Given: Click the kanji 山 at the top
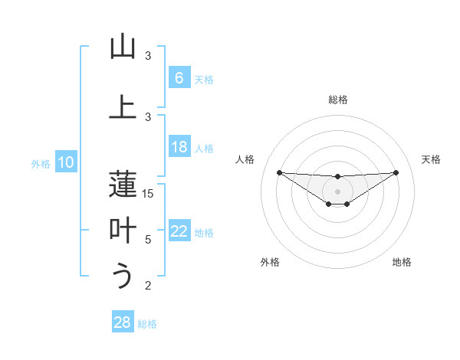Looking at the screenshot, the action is [x=123, y=47].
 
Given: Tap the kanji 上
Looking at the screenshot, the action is [x=123, y=107].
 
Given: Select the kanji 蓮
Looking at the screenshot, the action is [x=123, y=184].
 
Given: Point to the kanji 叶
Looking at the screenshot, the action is [x=123, y=230].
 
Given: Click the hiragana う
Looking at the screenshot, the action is [x=123, y=276].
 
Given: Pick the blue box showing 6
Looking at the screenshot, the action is [x=179, y=78].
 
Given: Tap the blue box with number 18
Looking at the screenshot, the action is [x=179, y=147].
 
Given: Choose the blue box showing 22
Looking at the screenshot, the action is [x=179, y=231].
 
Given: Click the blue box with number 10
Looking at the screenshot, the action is [x=65, y=162].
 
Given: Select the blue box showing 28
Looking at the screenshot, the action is [x=122, y=322].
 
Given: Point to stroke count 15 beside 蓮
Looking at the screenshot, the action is [x=148, y=194].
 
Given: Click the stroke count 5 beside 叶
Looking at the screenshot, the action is [x=148, y=240].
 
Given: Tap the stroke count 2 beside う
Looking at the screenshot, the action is [x=148, y=286].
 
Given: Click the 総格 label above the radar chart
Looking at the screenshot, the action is [x=337, y=100].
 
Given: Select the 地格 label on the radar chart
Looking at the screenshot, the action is [x=402, y=262].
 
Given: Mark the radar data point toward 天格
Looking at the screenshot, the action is [x=396, y=172].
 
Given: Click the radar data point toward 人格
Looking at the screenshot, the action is [x=279, y=172].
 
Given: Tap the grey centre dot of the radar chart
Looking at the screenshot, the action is [x=337, y=191].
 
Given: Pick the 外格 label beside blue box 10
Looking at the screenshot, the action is [x=40, y=163].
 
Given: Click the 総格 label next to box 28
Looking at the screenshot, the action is [x=147, y=324].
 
